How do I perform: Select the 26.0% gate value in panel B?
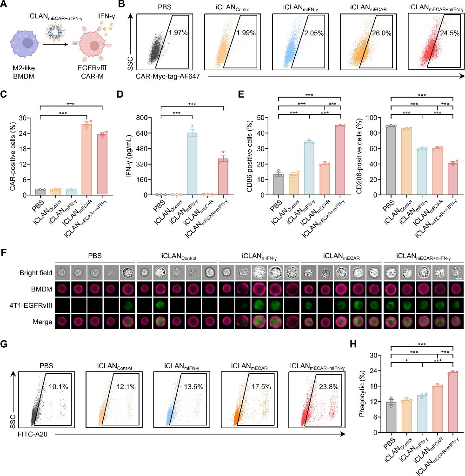(382, 33)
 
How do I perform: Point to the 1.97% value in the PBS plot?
(178, 33)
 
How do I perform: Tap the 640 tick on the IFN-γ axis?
(141, 133)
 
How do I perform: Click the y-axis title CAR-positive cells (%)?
(13, 157)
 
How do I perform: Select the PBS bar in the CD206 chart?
(391, 160)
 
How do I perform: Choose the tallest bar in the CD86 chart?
(340, 160)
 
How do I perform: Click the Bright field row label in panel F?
(36, 273)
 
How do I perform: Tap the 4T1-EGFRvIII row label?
(31, 305)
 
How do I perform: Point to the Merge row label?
(42, 322)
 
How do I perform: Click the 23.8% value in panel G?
(329, 387)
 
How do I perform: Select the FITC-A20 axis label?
(33, 435)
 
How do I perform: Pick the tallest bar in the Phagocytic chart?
(453, 402)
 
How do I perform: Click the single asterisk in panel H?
(406, 361)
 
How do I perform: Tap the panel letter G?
(4, 344)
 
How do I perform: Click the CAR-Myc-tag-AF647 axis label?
(168, 76)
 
